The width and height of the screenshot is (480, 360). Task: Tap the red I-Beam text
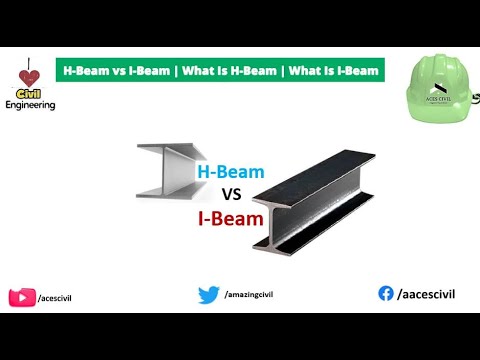(x=231, y=216)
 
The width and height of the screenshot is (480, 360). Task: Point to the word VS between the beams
(x=232, y=194)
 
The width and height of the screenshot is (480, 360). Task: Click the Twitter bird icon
(x=208, y=294)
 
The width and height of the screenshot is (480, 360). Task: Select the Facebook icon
(x=386, y=293)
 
